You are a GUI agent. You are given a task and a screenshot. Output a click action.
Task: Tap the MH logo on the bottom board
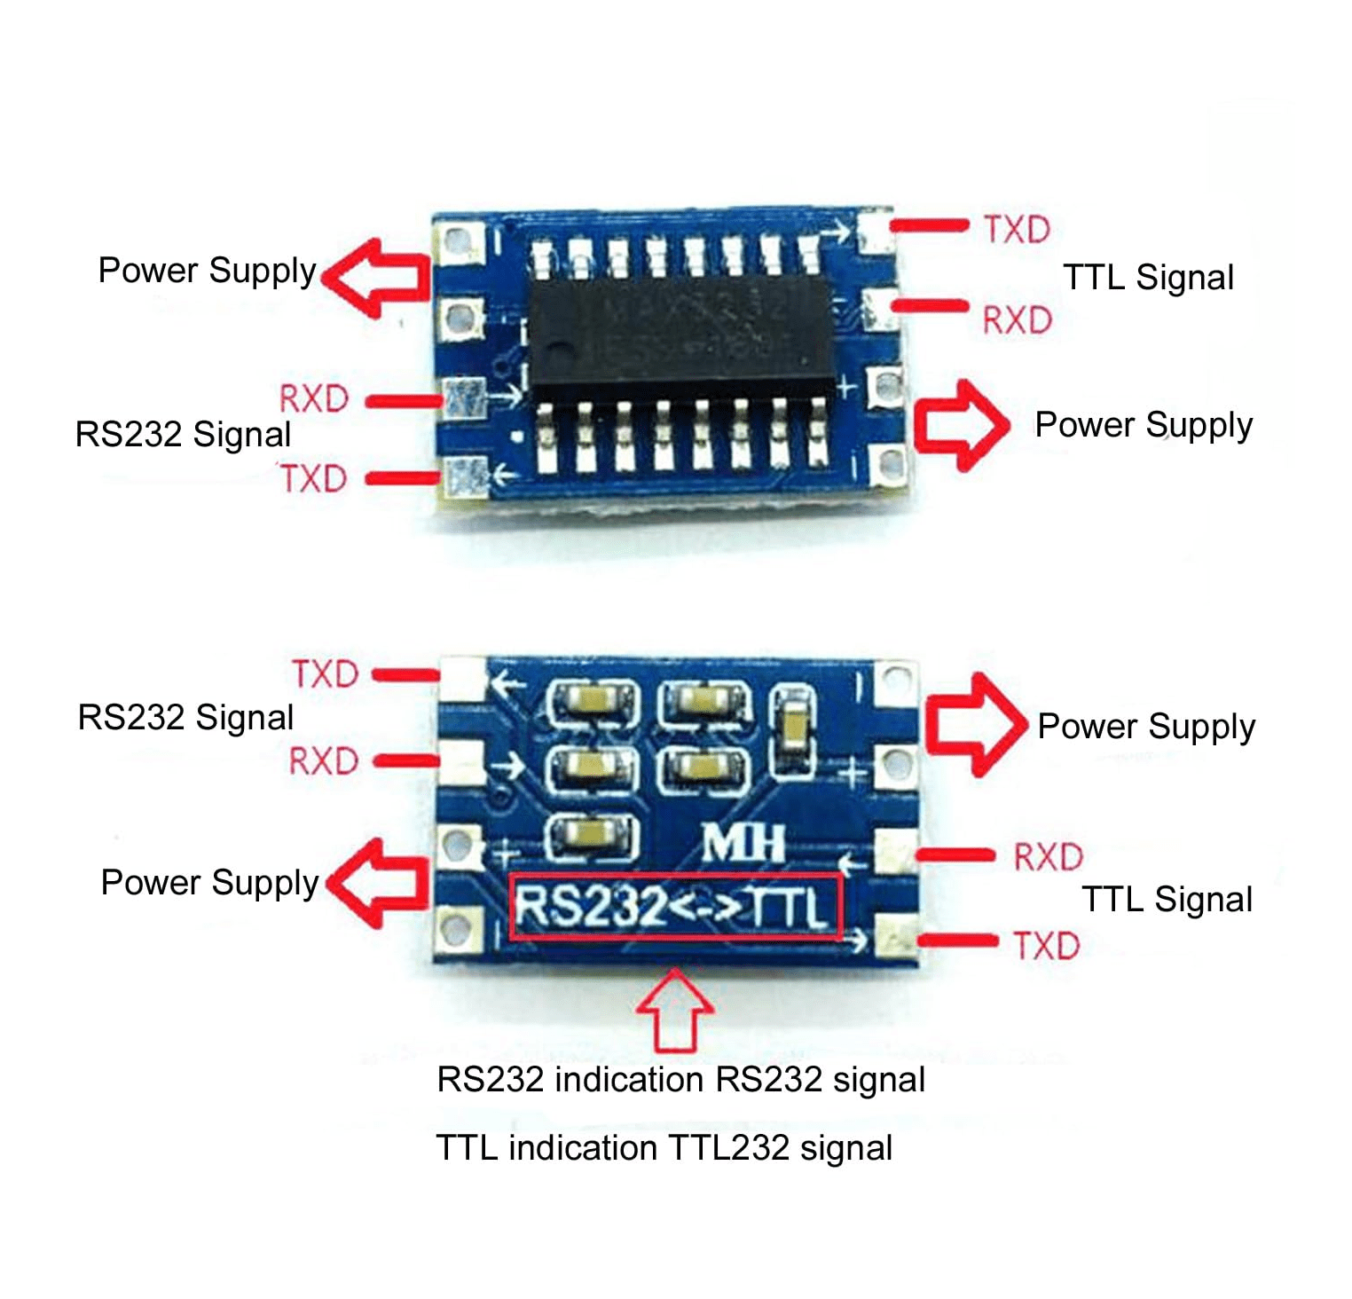tap(743, 843)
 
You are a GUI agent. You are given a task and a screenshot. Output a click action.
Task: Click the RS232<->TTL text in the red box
tap(674, 907)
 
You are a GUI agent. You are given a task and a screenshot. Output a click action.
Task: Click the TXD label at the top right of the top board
tap(1017, 231)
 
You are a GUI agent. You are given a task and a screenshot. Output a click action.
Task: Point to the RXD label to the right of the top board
tap(1017, 319)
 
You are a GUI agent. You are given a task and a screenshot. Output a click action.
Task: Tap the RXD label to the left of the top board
tap(313, 399)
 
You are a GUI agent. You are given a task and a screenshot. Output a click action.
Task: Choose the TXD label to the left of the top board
tap(313, 479)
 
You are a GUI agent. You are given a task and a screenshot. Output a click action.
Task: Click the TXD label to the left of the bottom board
tap(326, 674)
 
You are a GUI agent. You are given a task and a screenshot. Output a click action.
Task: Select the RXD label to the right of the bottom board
tap(1048, 857)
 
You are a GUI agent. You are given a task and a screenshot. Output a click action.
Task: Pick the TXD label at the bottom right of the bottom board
tap(1047, 946)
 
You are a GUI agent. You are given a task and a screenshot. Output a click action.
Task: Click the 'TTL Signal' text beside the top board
tap(1148, 278)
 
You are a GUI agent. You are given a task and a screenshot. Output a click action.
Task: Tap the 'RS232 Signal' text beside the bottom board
tap(185, 717)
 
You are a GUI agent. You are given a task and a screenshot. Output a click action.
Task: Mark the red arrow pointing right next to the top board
tap(962, 425)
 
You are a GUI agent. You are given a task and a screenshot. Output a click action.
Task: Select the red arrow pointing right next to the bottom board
tap(971, 724)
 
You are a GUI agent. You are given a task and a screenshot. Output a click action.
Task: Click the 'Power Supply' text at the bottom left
tap(209, 883)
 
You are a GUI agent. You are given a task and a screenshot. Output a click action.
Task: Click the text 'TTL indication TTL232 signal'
tap(664, 1148)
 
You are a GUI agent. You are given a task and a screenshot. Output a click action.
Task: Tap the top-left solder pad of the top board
tap(458, 240)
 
